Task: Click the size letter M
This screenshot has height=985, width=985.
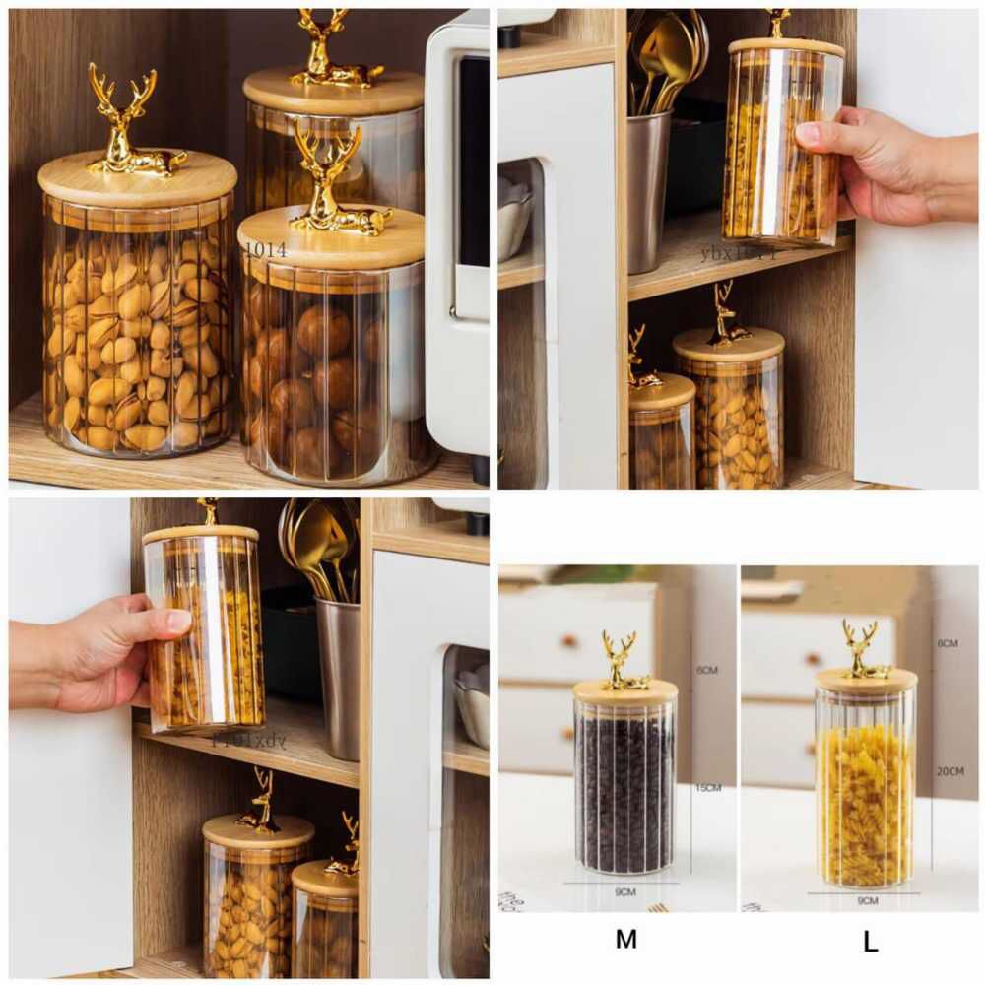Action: (625, 940)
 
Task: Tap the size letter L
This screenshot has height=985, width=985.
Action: (870, 942)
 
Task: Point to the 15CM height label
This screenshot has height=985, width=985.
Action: (708, 788)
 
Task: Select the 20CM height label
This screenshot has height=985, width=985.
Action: (951, 771)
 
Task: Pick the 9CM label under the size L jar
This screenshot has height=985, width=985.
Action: (868, 900)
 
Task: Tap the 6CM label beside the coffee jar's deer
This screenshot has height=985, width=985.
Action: (707, 670)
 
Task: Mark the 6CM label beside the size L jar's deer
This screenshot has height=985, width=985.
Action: (948, 643)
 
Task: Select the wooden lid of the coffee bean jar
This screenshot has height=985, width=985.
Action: (625, 691)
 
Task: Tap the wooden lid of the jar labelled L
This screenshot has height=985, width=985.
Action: (866, 681)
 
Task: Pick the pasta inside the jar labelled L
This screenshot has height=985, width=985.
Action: (864, 803)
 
